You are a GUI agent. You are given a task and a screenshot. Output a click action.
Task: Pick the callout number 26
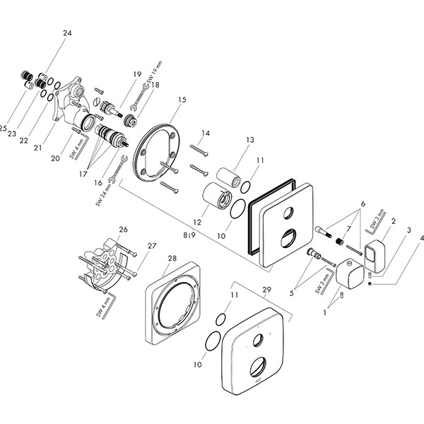point(123,229)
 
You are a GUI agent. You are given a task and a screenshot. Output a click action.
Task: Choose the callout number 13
point(249,140)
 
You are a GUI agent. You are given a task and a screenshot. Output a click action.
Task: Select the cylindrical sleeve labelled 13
point(225,175)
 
